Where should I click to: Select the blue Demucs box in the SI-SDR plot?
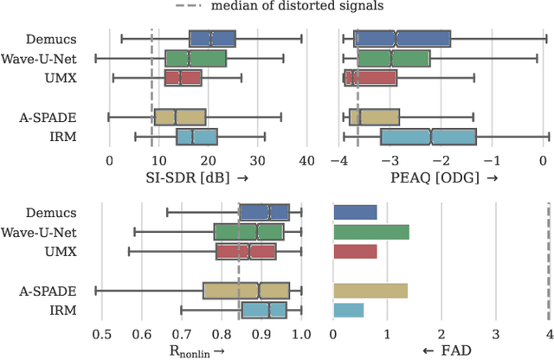212,38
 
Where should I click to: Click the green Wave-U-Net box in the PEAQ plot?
393,59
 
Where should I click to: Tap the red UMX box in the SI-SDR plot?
183,78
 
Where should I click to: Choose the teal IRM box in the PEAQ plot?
428,137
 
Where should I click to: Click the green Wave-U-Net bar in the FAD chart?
370,232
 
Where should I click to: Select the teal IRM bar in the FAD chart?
348,310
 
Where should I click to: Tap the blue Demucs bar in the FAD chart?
355,212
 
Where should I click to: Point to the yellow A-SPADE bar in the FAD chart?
370,290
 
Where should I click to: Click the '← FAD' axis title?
440,350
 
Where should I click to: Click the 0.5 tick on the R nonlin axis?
101,334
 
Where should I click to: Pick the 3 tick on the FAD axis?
495,334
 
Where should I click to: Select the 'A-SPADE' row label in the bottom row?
67,291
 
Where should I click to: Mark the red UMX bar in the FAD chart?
355,251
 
